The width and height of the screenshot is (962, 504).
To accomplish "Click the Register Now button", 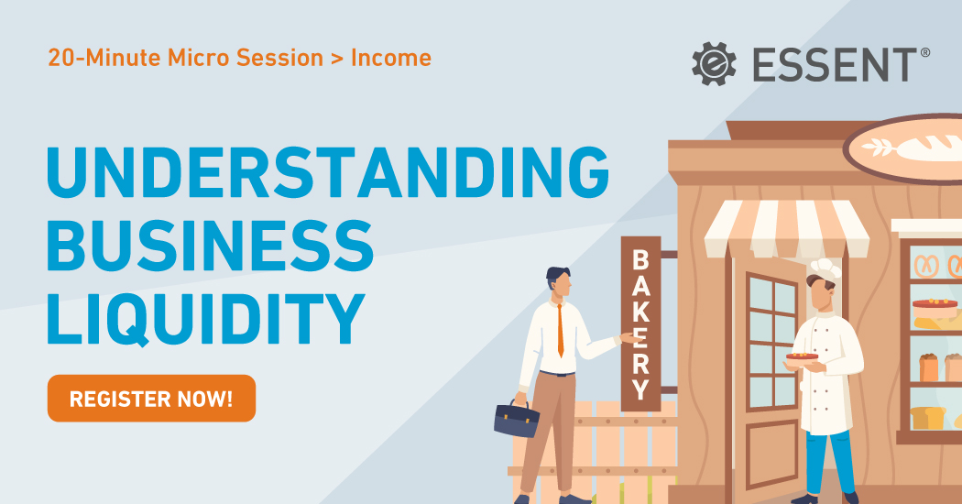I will click(151, 399).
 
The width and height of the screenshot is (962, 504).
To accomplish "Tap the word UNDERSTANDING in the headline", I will click(327, 170).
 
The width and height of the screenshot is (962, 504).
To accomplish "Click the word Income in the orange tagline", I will click(391, 59).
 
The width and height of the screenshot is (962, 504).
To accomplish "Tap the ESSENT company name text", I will click(832, 64).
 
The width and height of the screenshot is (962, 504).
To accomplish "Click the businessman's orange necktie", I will click(560, 331).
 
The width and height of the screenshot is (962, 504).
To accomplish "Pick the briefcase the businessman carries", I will click(517, 420).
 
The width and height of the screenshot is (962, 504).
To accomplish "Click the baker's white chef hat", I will click(824, 268).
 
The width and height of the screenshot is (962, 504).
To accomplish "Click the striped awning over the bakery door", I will click(785, 228).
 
